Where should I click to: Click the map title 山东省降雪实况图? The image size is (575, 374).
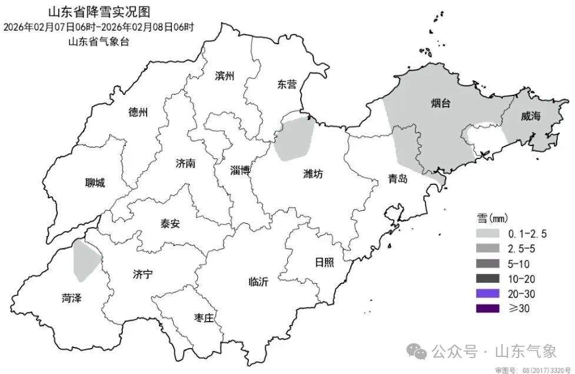pyautogui.click(x=98, y=11)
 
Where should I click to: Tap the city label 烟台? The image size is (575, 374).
pyautogui.click(x=440, y=104)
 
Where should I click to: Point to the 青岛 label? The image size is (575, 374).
pyautogui.click(x=397, y=179)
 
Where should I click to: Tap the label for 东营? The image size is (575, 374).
pyautogui.click(x=287, y=84)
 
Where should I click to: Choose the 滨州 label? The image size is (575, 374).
pyautogui.click(x=225, y=76)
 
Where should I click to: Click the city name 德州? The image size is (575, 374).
pyautogui.click(x=138, y=112)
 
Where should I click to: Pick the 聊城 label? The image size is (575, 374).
pyautogui.click(x=95, y=183)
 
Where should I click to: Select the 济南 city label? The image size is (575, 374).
pyautogui.click(x=185, y=163)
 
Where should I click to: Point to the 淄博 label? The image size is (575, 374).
pyautogui.click(x=241, y=171)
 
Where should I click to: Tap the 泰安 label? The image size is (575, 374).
pyautogui.click(x=170, y=224)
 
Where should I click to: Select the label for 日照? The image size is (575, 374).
pyautogui.click(x=325, y=262)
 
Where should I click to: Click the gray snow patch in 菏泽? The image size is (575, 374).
pyautogui.click(x=85, y=260)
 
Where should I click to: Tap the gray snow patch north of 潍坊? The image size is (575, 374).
pyautogui.click(x=294, y=138)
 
